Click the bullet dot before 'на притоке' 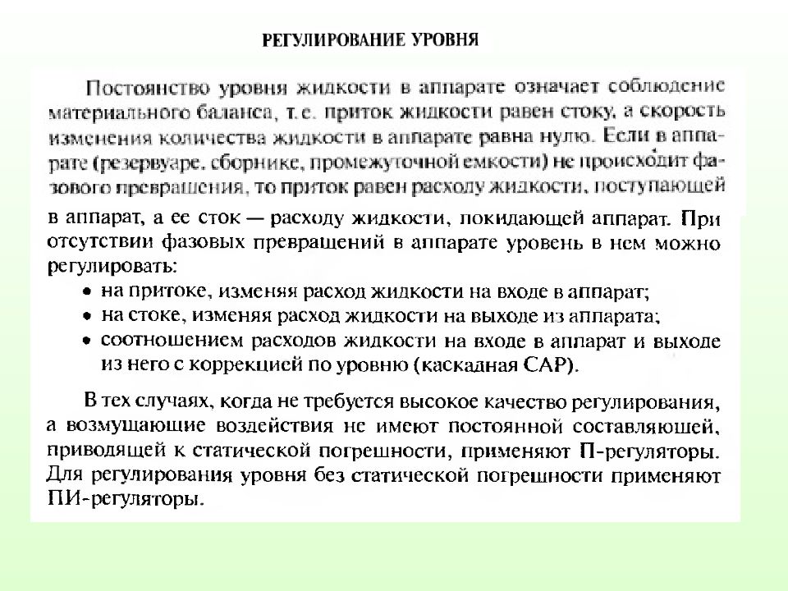88,291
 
